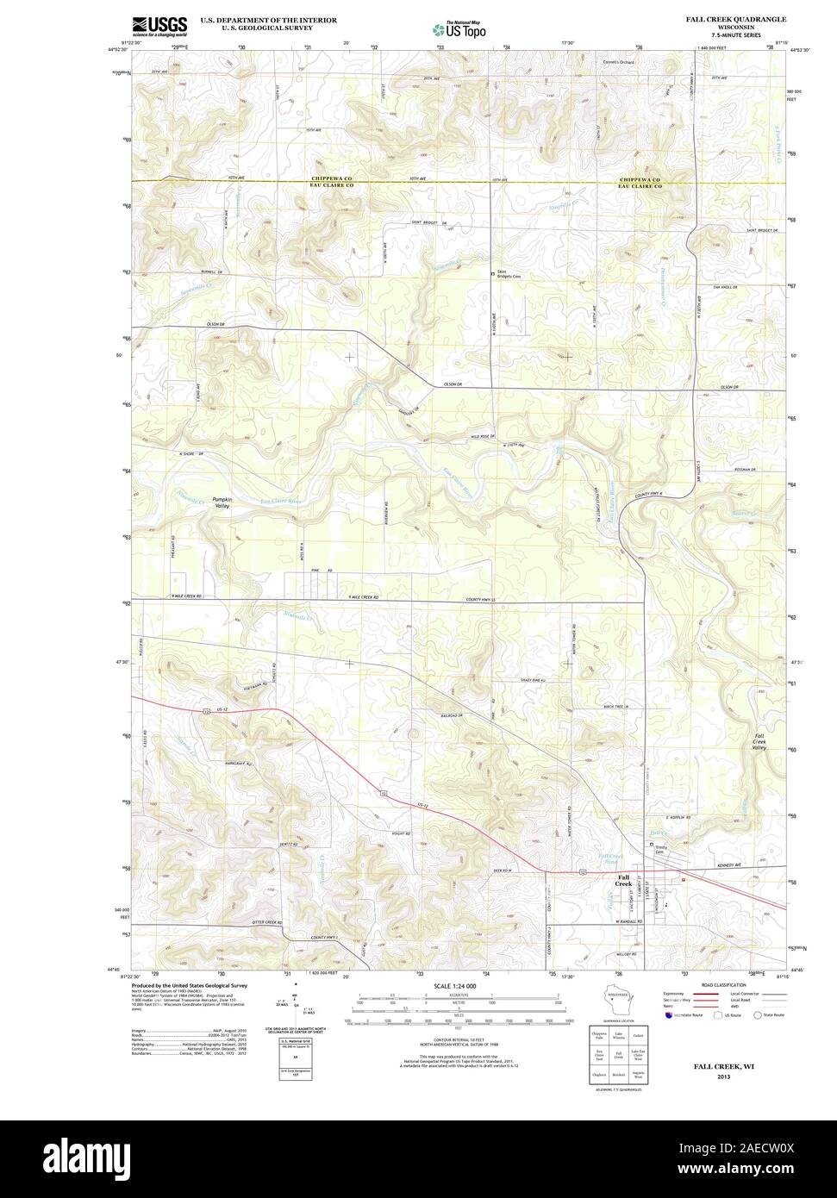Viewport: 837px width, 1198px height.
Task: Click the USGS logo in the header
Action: point(159,26)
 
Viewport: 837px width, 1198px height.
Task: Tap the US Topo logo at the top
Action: point(459,28)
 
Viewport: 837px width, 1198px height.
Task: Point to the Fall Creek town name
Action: point(622,881)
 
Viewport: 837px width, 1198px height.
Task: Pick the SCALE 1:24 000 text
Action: point(455,985)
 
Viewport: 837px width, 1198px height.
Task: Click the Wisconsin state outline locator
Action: point(617,1001)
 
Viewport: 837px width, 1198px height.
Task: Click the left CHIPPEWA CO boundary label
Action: point(333,178)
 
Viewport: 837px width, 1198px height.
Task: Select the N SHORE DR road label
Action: point(190,453)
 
